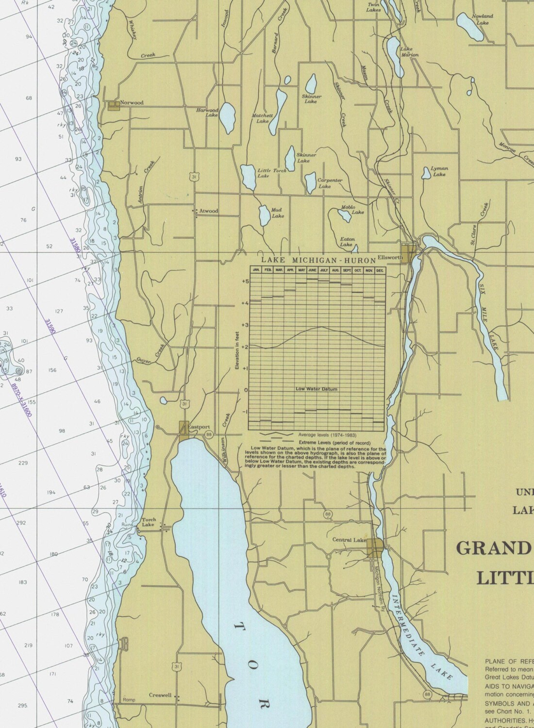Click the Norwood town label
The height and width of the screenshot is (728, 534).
(132, 103)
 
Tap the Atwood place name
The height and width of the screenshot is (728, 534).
(209, 211)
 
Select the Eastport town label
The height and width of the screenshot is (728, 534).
(199, 427)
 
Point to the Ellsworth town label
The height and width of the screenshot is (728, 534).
(390, 258)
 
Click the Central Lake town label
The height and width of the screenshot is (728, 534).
(349, 540)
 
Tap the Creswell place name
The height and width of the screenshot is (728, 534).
(160, 695)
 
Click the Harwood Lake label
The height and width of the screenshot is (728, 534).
(207, 113)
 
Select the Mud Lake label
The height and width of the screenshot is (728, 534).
(278, 213)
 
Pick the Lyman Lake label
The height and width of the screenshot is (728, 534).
(439, 171)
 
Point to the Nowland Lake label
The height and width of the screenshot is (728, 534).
(482, 19)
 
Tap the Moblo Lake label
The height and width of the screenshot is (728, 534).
(352, 209)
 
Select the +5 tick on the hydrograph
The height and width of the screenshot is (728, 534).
(245, 281)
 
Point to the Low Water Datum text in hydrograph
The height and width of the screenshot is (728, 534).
(316, 389)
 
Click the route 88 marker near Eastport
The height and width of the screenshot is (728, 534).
(208, 433)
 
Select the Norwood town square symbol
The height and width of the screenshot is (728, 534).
(113, 105)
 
